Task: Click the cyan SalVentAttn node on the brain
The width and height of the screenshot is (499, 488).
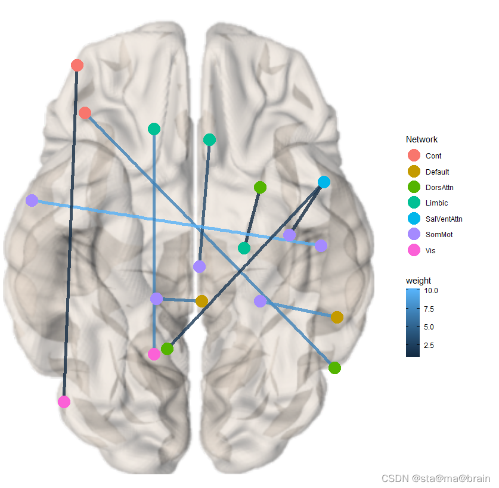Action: pyautogui.click(x=324, y=182)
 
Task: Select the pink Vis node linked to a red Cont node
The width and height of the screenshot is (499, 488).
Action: pyautogui.click(x=64, y=402)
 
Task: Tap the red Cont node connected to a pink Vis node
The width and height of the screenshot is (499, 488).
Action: pyautogui.click(x=77, y=65)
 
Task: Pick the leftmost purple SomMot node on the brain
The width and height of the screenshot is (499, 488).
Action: pyautogui.click(x=32, y=200)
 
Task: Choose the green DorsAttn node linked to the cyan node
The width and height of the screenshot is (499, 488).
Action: pyautogui.click(x=168, y=349)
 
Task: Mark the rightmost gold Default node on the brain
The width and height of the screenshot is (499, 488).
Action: pyautogui.click(x=337, y=317)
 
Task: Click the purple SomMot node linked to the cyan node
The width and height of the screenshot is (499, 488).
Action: pyautogui.click(x=290, y=235)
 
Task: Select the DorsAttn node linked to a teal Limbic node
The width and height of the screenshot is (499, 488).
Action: pyautogui.click(x=260, y=187)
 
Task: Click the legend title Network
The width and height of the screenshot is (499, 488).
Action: pyautogui.click(x=421, y=139)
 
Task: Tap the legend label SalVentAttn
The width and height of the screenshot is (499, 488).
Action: pyautogui.click(x=444, y=219)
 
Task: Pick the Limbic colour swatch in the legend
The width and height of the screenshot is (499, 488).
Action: pyautogui.click(x=414, y=203)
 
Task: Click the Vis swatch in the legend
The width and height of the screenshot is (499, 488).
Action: pyautogui.click(x=414, y=250)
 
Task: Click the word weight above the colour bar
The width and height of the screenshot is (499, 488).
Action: pyautogui.click(x=418, y=281)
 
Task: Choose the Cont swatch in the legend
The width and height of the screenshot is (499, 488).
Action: pyautogui.click(x=414, y=156)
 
